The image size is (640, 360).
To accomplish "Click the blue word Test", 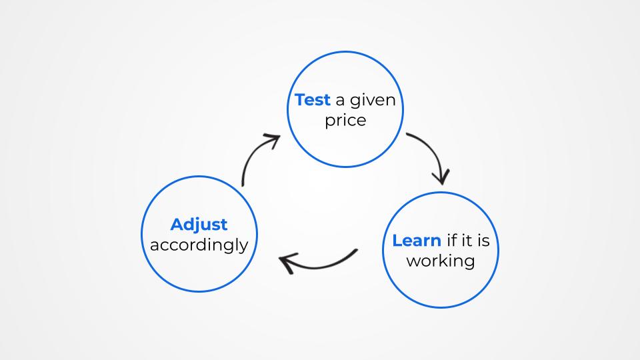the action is (312, 100).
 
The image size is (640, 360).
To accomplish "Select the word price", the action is (345, 121).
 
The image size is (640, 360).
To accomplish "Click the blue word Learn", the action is (417, 241).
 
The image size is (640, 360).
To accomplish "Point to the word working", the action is (441, 261).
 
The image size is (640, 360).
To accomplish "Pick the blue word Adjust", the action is (199, 225).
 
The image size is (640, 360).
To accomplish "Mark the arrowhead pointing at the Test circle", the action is (272, 139).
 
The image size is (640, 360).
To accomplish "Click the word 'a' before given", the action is (340, 101).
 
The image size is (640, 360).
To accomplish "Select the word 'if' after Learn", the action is (451, 241).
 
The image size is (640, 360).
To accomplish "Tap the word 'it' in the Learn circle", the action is (465, 241).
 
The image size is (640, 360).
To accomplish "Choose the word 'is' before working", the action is (483, 241).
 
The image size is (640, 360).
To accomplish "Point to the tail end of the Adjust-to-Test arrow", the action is (243, 185).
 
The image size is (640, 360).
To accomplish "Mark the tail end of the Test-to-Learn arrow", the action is (407, 134).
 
